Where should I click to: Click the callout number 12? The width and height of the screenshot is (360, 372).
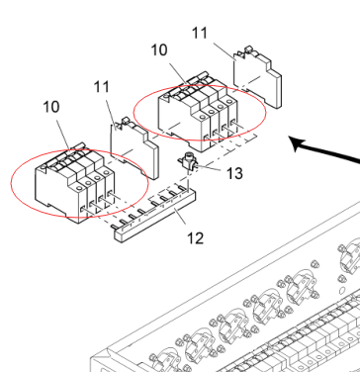(x=195, y=237)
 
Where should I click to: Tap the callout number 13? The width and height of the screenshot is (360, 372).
(x=234, y=173)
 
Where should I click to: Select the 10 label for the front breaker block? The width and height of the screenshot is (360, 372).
(x=51, y=107)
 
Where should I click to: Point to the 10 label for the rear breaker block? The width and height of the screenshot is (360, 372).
(x=159, y=50)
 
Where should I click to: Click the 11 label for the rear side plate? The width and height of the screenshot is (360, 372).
(x=200, y=33)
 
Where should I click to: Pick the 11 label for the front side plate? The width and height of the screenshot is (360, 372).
(x=102, y=87)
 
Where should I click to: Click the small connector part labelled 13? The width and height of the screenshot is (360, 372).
(x=189, y=161)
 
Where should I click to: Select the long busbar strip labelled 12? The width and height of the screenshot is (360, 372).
(x=155, y=216)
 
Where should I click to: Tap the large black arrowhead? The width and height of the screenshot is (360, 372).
(x=297, y=144)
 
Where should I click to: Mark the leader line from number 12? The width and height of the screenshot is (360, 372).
(x=180, y=218)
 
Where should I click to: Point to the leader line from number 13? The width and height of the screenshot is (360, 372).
(x=210, y=168)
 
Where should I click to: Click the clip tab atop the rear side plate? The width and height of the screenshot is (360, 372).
(x=248, y=50)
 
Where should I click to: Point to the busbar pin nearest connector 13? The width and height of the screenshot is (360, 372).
(x=182, y=188)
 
